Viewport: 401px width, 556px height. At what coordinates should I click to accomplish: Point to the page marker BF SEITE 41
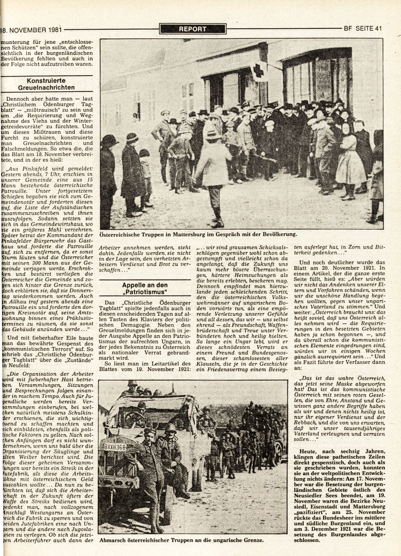click(x=363, y=29)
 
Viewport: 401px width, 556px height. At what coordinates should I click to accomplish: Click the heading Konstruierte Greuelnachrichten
click(x=50, y=84)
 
